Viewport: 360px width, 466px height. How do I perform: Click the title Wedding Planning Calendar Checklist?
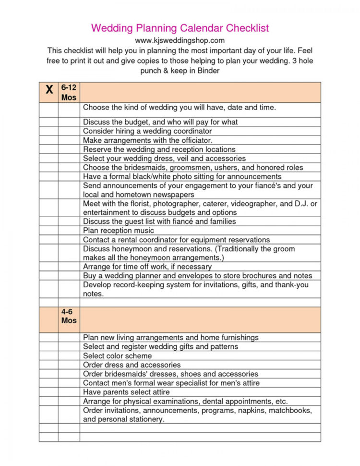180,27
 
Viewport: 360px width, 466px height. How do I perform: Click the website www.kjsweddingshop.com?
180,40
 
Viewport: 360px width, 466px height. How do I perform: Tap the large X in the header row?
48,90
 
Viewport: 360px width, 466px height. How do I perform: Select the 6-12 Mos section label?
69,92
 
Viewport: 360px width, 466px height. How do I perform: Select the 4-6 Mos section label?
69,316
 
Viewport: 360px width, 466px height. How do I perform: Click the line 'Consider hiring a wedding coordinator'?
147,131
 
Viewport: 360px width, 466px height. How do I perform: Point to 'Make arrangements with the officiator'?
147,140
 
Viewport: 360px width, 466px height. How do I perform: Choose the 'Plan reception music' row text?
119,231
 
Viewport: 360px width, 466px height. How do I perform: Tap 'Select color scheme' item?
117,356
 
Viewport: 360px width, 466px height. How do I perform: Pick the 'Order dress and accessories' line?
132,365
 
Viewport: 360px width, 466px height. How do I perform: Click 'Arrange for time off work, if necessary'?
147,267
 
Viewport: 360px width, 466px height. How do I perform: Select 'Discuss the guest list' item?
159,221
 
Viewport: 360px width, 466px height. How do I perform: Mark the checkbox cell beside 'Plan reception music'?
48,231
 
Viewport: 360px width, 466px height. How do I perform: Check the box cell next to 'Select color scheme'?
48,356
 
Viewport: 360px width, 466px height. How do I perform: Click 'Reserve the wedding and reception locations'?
159,149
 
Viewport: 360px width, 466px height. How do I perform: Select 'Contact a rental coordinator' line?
176,240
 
